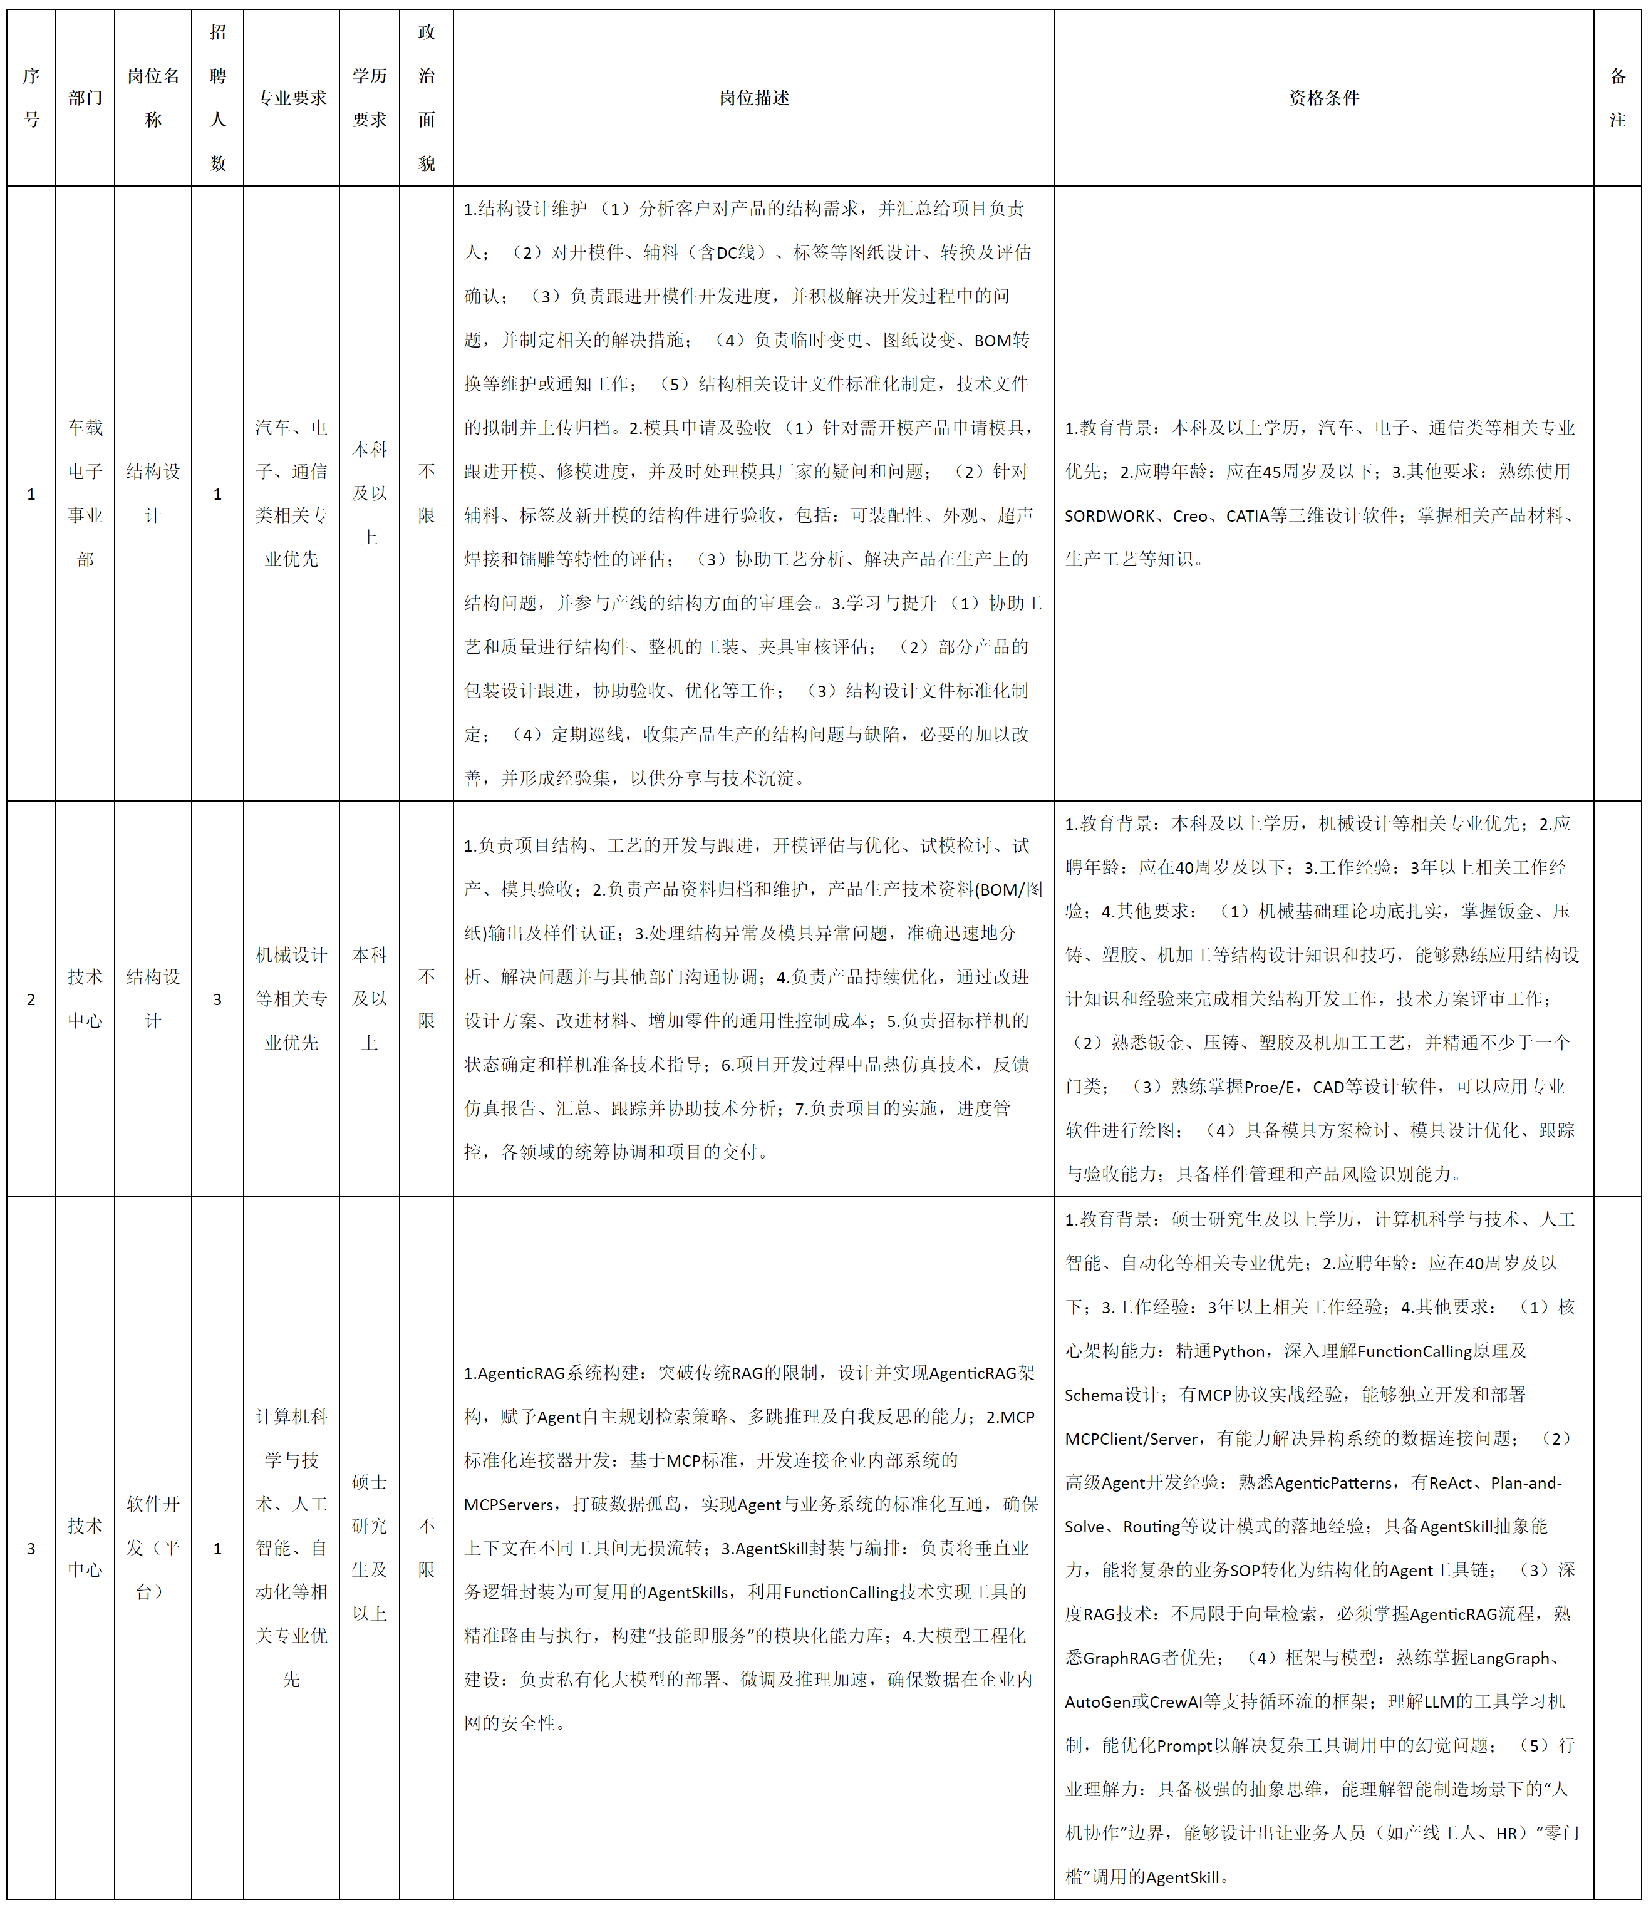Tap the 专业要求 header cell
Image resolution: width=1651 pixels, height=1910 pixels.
tap(291, 98)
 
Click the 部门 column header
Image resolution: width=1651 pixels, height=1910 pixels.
tap(85, 98)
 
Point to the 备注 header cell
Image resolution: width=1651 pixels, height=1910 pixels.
tap(1617, 98)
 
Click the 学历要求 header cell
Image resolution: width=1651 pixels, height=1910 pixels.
tap(369, 98)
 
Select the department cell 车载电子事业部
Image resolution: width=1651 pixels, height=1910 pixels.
tap(85, 493)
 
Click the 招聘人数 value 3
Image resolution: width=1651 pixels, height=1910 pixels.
tap(217, 999)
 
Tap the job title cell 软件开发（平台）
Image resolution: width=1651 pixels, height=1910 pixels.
tap(152, 1548)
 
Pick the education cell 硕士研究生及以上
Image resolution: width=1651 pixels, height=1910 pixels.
tap(369, 1548)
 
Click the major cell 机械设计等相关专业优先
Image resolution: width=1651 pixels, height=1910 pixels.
tap(291, 999)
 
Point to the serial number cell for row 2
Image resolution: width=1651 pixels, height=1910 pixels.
tap(31, 999)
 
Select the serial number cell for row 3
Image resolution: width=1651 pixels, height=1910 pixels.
tap(31, 1549)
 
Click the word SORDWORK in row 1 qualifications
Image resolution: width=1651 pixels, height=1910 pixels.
tap(1109, 516)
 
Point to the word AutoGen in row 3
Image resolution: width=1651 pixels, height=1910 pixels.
tap(1097, 1701)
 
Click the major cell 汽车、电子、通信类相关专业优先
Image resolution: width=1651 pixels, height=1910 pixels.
tap(291, 493)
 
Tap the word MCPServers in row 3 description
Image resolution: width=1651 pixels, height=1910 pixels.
tap(510, 1504)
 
